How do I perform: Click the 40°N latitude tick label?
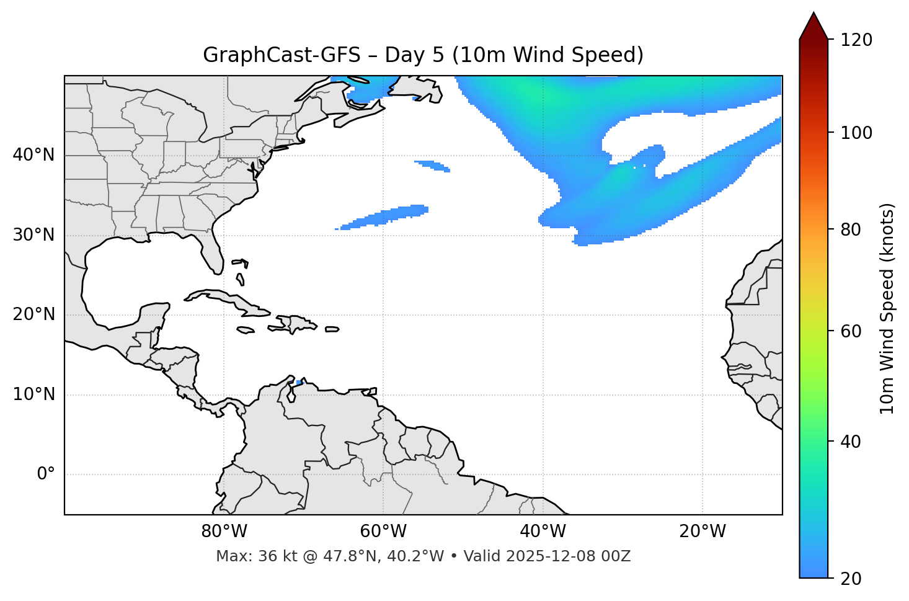(x=33, y=155)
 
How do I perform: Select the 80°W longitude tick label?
(x=224, y=532)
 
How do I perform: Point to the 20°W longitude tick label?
(x=703, y=532)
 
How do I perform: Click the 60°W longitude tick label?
(x=383, y=532)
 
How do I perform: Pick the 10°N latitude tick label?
(x=33, y=394)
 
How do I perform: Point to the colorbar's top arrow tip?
(x=814, y=13)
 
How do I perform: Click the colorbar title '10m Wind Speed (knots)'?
(x=887, y=308)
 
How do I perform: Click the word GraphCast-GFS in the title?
(x=282, y=55)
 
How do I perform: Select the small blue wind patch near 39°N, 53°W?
(x=433, y=166)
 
